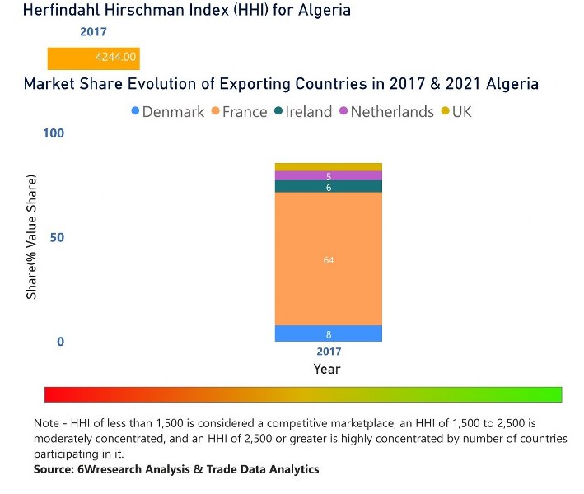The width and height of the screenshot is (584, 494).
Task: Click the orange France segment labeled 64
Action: [328, 259]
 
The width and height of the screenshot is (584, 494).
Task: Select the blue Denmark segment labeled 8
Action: [328, 334]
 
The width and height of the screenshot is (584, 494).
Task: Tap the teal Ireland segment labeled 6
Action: [328, 187]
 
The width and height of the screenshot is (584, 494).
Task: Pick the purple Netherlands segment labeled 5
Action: [328, 176]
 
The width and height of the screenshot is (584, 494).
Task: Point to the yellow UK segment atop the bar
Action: [328, 167]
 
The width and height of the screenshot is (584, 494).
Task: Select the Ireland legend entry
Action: [301, 112]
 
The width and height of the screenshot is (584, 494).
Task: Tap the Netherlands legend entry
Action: [385, 112]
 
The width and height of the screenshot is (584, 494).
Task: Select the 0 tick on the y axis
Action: [59, 342]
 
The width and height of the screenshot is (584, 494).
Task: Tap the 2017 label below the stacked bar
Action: [328, 352]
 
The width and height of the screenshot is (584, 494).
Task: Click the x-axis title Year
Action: [327, 370]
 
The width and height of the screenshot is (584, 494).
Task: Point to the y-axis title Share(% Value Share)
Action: [31, 237]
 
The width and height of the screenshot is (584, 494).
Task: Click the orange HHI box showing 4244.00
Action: [93, 59]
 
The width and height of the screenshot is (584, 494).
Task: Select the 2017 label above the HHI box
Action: [93, 33]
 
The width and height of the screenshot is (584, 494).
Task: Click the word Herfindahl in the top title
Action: [65, 11]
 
